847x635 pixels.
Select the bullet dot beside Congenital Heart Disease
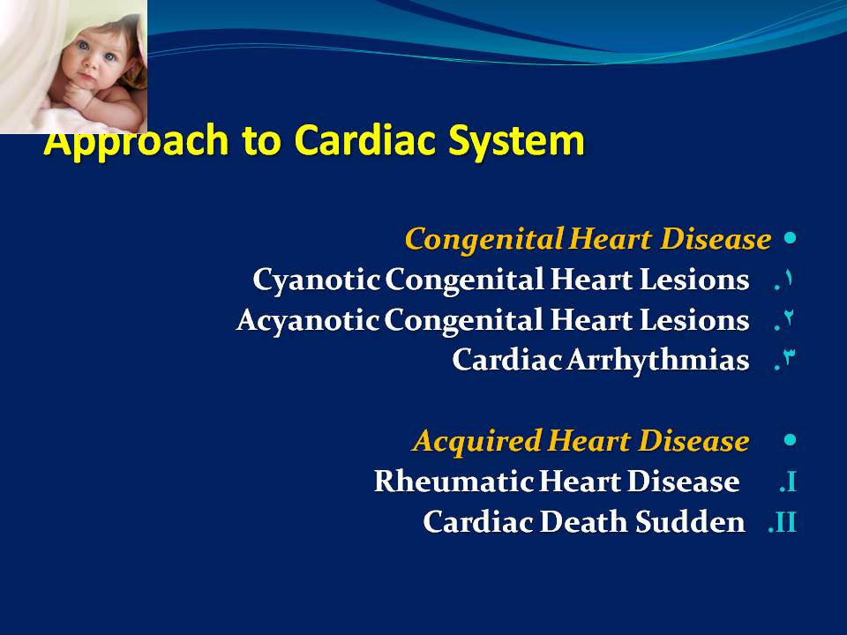point(790,238)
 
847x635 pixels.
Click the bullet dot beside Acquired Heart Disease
point(790,440)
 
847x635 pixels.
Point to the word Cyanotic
point(317,280)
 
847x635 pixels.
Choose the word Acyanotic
point(308,320)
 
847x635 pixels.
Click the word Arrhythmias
point(658,360)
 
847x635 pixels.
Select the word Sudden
point(690,521)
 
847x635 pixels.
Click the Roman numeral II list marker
point(783,522)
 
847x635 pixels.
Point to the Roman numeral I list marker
point(788,482)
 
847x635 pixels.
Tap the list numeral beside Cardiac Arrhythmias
point(785,360)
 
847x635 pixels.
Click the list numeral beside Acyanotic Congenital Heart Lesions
point(785,319)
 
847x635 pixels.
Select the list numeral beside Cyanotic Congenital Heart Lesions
point(785,280)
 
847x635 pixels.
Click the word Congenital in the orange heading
point(484,240)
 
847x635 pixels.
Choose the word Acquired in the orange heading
point(477,441)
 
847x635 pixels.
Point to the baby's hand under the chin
point(78,97)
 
